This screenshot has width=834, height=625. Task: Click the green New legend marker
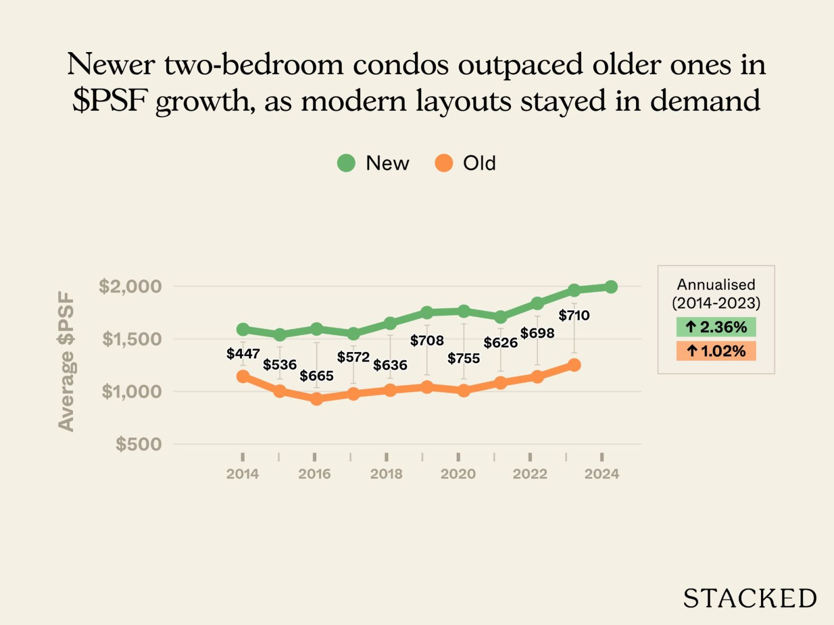click(346, 163)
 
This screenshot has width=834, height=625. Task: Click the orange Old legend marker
click(444, 163)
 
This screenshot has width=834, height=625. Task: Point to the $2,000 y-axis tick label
click(130, 286)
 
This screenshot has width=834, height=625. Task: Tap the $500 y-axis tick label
click(139, 444)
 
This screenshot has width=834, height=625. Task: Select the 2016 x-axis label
click(314, 474)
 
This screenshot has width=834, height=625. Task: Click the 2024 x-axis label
click(602, 474)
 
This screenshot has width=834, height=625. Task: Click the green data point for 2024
click(611, 286)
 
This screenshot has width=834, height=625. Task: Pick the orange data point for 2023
click(574, 365)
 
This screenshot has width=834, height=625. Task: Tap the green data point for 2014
click(243, 330)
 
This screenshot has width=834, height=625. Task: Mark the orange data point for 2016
click(316, 399)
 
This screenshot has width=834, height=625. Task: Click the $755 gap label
click(463, 358)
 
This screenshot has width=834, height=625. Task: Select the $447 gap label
click(243, 354)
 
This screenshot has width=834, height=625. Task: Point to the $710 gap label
click(574, 315)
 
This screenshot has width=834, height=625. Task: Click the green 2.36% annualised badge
click(716, 327)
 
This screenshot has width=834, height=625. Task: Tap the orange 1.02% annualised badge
click(716, 351)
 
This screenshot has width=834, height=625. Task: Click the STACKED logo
click(750, 598)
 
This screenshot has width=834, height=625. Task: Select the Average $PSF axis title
click(66, 361)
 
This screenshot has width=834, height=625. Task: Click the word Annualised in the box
click(716, 284)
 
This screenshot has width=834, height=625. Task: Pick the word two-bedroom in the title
click(254, 65)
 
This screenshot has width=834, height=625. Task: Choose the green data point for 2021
click(500, 317)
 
